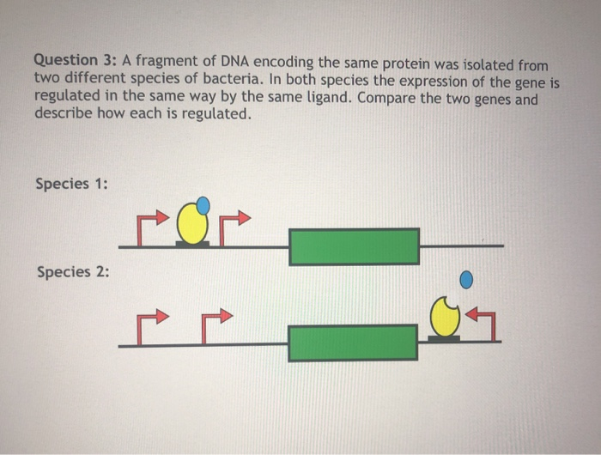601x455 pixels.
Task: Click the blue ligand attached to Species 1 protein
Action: (x=203, y=205)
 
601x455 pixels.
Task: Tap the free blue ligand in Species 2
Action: (x=466, y=280)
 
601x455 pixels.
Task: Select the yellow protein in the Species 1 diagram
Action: (x=192, y=224)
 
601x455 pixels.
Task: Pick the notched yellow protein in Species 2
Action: (x=445, y=316)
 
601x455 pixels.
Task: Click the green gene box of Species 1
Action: (x=354, y=246)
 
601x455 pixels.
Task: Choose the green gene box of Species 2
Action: (x=353, y=343)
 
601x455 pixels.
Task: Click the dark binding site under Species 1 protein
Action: (x=192, y=244)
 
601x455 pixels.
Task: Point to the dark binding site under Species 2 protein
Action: (x=444, y=338)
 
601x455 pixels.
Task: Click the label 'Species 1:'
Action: (x=71, y=184)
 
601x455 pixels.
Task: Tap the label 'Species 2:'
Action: (x=73, y=272)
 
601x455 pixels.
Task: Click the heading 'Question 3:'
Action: (x=76, y=61)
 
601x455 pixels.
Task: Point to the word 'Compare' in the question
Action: (x=386, y=99)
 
